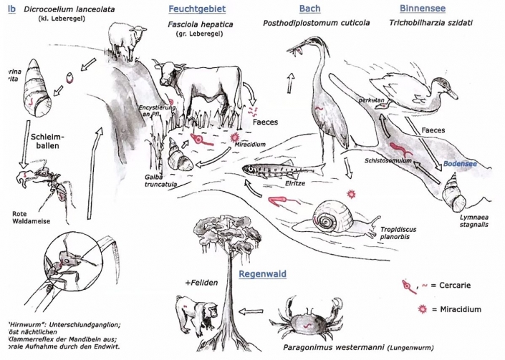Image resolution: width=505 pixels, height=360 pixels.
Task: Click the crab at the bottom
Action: (x=312, y=315)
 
